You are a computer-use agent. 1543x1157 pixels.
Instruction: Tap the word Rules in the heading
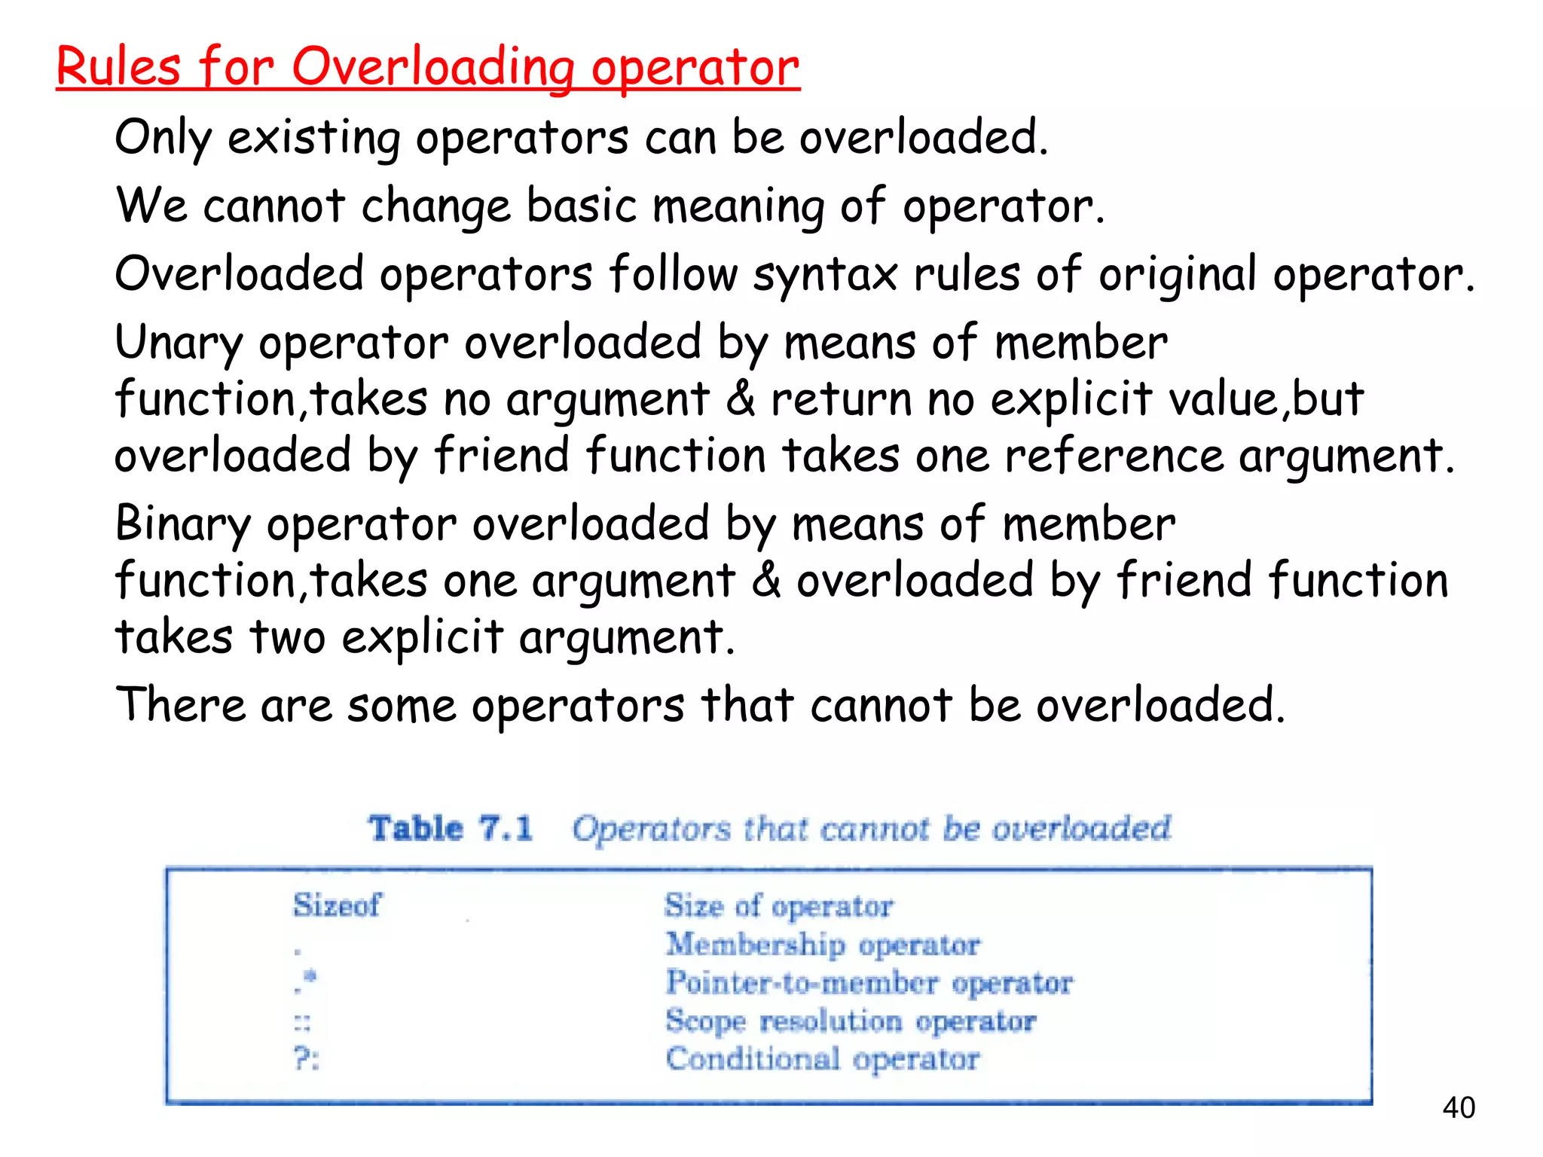[x=118, y=67]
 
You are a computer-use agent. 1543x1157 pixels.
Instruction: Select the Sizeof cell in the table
[x=337, y=905]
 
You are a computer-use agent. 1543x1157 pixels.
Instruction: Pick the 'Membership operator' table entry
[x=823, y=945]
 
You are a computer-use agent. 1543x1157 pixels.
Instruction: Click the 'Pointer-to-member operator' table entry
[x=869, y=983]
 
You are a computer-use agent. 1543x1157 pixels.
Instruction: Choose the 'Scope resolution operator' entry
[x=851, y=1021]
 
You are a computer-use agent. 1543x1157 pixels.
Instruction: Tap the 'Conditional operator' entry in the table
[x=823, y=1059]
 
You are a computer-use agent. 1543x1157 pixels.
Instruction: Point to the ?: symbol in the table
[x=306, y=1059]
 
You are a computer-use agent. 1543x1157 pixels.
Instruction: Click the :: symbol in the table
[x=302, y=1023]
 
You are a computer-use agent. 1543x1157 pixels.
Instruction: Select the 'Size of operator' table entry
[x=779, y=905]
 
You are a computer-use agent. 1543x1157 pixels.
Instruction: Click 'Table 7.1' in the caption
[x=450, y=829]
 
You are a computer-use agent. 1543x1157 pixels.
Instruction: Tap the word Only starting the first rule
[x=163, y=139]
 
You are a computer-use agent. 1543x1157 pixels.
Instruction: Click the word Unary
[x=178, y=343]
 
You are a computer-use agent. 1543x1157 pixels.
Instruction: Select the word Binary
[x=182, y=525]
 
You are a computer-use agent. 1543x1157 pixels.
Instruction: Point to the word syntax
[x=825, y=275]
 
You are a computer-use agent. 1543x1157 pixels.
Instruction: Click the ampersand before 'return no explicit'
[x=741, y=399]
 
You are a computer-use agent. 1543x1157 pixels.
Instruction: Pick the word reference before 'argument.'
[x=1114, y=456]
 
